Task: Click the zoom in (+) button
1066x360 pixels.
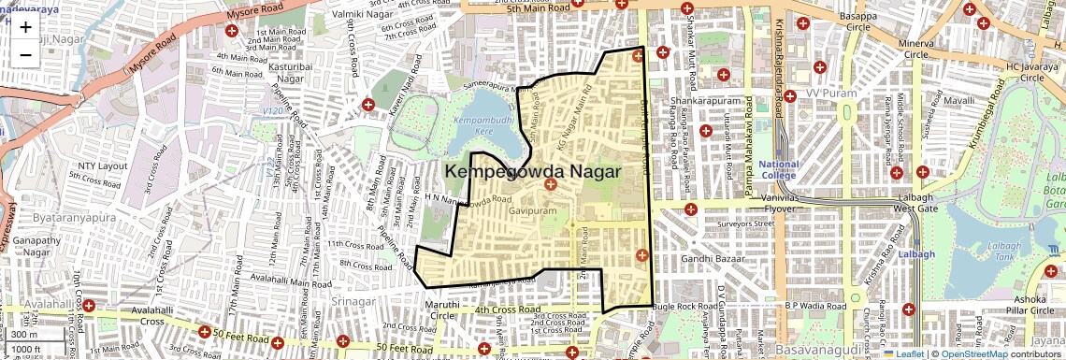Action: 25,26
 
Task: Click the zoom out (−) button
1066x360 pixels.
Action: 25,53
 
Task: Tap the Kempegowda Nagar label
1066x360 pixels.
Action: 535,172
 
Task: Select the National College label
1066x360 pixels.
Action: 778,169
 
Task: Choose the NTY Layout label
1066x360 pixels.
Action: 102,166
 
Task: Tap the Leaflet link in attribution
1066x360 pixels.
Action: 905,354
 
